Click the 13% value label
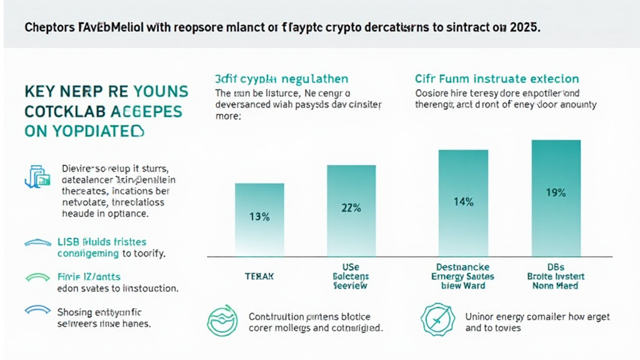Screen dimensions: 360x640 pos(259,217)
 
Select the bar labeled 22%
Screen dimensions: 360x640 pos(351,209)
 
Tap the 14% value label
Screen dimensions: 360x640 pos(464,202)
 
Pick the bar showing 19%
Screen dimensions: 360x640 pos(556,194)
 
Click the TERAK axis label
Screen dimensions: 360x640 pos(259,276)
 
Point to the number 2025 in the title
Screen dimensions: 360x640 pos(522,28)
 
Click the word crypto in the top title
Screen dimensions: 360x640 pos(338,28)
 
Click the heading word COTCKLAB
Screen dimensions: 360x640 pos(66,112)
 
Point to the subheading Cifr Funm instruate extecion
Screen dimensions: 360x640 pos(497,79)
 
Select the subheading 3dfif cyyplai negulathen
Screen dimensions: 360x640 pos(281,79)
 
